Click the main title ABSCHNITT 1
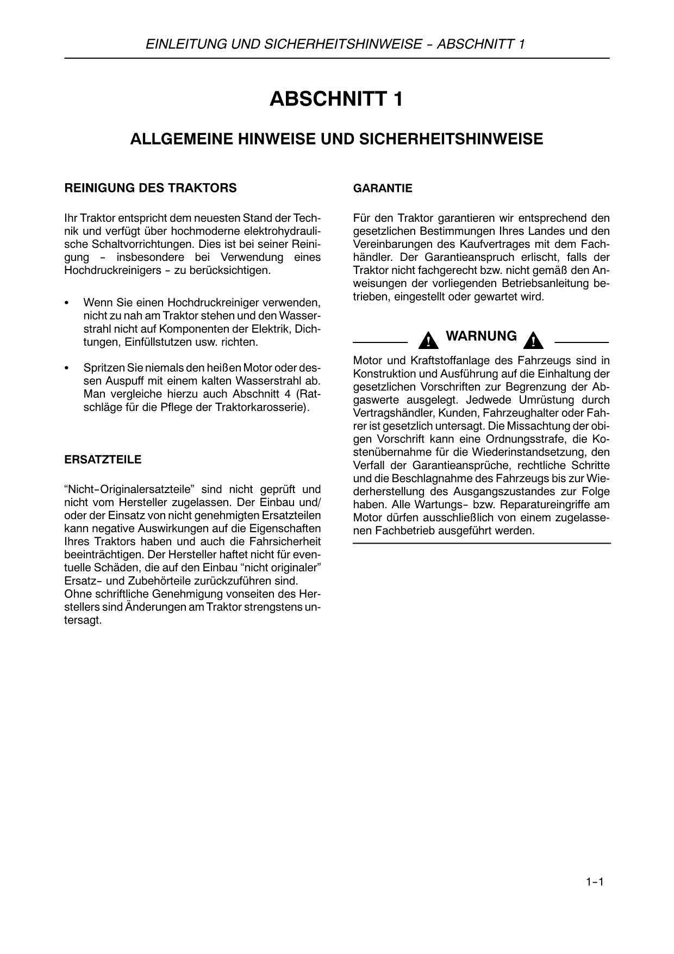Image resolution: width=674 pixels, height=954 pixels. click(336, 99)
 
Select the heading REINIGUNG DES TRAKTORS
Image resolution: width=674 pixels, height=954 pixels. click(151, 188)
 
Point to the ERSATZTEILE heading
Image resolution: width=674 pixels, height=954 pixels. click(103, 460)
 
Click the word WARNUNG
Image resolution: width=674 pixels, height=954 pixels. click(481, 336)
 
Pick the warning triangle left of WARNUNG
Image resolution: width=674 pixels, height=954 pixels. click(429, 341)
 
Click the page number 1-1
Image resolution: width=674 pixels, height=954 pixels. click(595, 882)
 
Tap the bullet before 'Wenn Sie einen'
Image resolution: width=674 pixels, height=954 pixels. click(67, 303)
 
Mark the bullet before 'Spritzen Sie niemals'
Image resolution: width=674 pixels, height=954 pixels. click(67, 369)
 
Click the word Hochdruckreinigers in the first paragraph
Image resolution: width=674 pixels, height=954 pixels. click(111, 270)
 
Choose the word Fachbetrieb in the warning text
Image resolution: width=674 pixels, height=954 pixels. click(403, 531)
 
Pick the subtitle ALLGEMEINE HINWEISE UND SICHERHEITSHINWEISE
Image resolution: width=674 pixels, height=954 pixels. click(336, 139)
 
